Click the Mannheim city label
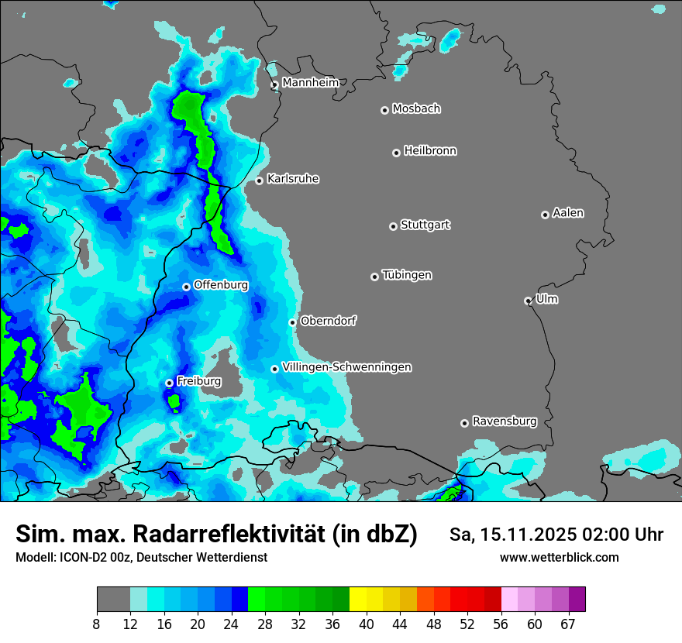point(310,82)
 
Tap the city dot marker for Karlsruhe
point(260,181)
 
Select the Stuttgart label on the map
point(425,225)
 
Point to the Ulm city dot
point(529,301)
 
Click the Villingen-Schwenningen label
point(346,367)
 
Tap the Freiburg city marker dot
point(169,383)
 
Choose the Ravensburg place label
point(505,421)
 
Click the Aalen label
point(568,212)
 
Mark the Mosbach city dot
point(384,110)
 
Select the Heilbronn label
point(430,150)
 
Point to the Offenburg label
point(221,285)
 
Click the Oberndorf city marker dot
point(292,322)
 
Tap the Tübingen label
point(407,275)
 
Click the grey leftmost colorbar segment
point(113,600)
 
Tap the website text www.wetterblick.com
point(559,557)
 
